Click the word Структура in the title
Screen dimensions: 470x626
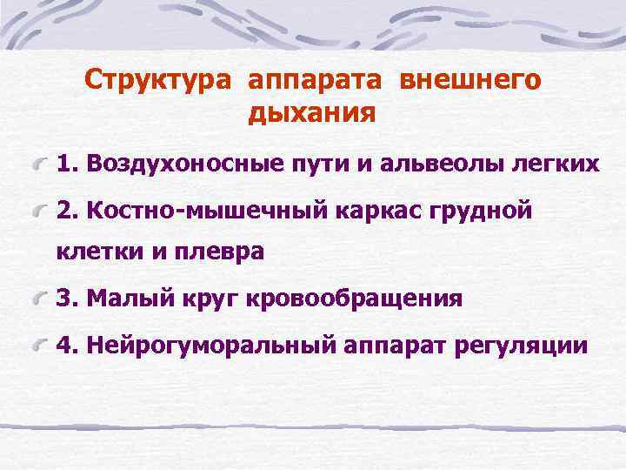coord(157,81)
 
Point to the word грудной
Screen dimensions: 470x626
coord(483,211)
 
